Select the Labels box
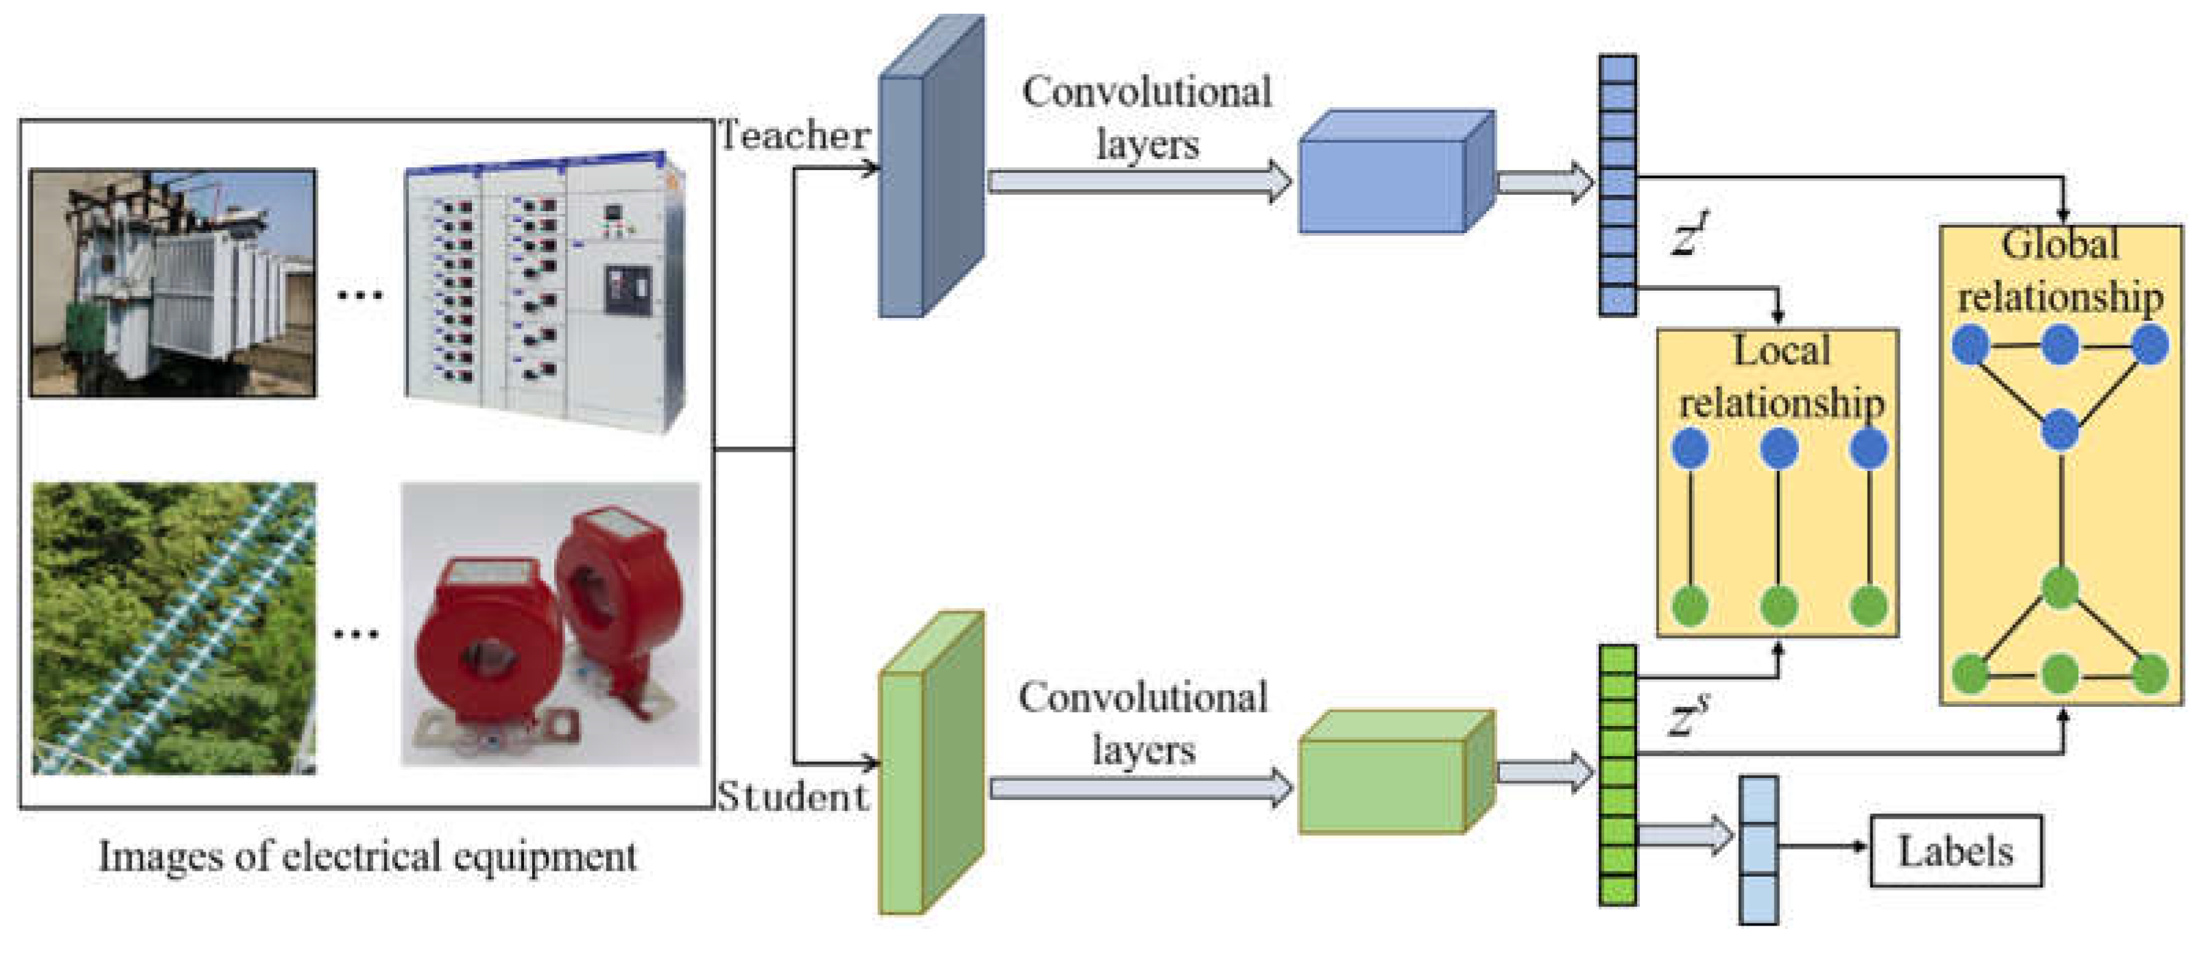coord(1956,851)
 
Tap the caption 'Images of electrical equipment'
coord(368,856)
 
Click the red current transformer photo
coord(551,625)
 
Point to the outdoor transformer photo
coord(173,283)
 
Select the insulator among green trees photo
coord(174,629)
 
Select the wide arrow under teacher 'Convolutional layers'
coord(1139,182)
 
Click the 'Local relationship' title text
coord(1780,376)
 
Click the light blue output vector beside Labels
coord(1759,849)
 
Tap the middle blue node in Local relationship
coord(1780,448)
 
